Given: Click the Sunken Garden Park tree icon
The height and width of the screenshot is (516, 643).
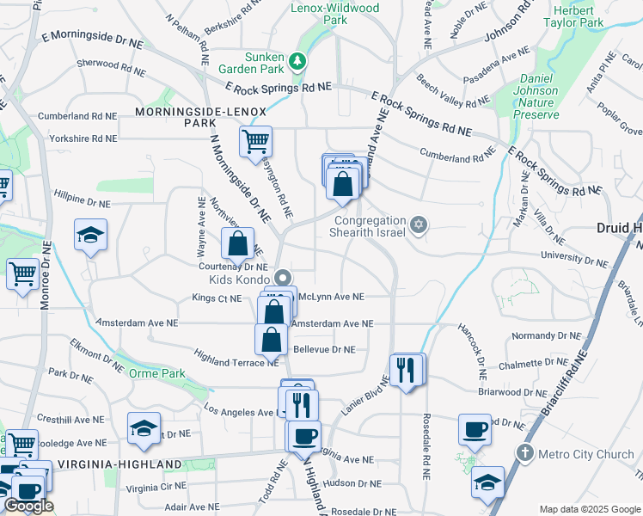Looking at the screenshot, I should click(297, 60).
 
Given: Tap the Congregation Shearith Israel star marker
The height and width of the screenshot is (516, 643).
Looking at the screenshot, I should click(419, 224).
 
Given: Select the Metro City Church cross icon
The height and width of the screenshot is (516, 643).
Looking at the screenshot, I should click(525, 452).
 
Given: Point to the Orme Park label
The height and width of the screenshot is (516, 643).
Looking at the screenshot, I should click(156, 374).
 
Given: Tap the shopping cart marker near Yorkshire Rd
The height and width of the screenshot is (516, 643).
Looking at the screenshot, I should click(255, 141).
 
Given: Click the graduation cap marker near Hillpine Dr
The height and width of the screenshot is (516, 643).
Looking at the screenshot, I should click(89, 236).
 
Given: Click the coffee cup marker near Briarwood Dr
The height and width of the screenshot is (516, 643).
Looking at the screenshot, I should click(474, 429).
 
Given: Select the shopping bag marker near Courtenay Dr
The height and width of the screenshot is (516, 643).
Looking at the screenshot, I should click(237, 243).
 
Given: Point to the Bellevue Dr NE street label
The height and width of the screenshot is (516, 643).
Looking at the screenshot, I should click(324, 350).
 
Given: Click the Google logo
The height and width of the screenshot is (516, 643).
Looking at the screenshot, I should click(28, 506).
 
